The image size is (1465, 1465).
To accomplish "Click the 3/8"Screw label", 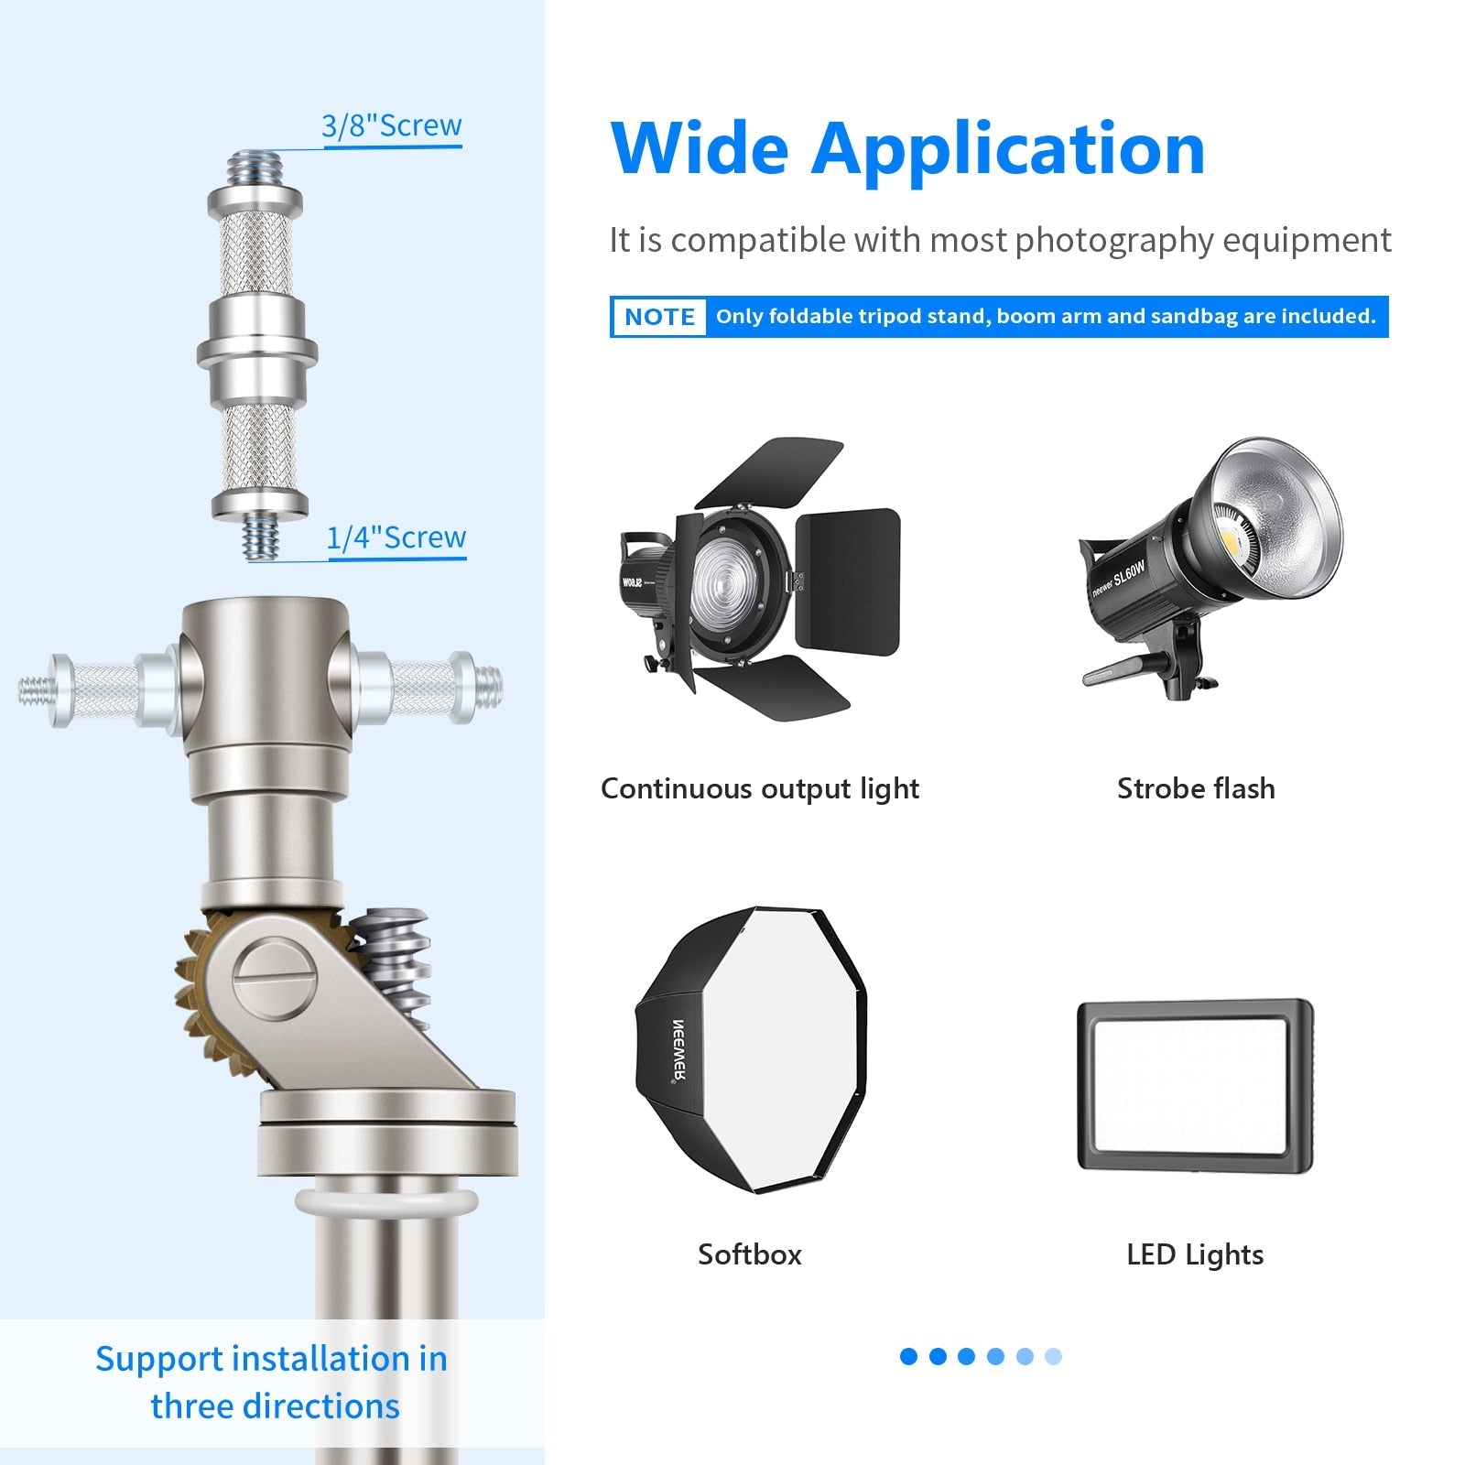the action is click(392, 125).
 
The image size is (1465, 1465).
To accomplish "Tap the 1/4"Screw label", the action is click(396, 537).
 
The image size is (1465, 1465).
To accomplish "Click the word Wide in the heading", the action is click(700, 147).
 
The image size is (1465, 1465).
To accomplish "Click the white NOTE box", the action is click(659, 317).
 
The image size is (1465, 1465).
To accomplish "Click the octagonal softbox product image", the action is click(751, 1049).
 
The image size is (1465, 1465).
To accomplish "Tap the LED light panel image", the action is click(1195, 1086).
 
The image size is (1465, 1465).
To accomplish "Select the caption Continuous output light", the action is click(760, 788).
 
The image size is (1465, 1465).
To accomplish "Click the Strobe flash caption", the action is click(1196, 788).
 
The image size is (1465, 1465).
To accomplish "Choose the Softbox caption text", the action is click(750, 1254).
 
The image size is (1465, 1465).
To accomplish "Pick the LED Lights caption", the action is click(1195, 1254).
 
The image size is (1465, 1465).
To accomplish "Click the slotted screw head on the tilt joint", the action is click(275, 980).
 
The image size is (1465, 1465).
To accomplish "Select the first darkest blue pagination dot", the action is click(908, 1356).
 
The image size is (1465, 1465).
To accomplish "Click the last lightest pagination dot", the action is click(1053, 1356).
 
